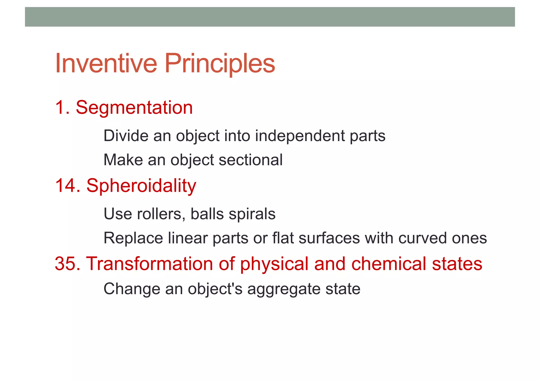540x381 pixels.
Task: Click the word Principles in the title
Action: [x=220, y=63]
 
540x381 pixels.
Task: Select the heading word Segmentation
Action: [x=134, y=108]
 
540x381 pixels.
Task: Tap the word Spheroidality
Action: [x=141, y=186]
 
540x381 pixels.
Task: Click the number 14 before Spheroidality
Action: [x=65, y=186]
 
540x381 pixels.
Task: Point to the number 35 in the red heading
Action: [x=65, y=264]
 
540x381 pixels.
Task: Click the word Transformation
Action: [x=150, y=264]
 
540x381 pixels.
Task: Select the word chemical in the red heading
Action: [x=388, y=264]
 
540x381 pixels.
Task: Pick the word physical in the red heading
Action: [x=274, y=264]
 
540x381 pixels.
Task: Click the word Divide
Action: [x=126, y=136]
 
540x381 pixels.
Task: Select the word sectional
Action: [x=250, y=160]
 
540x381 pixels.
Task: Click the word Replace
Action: [x=133, y=238]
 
